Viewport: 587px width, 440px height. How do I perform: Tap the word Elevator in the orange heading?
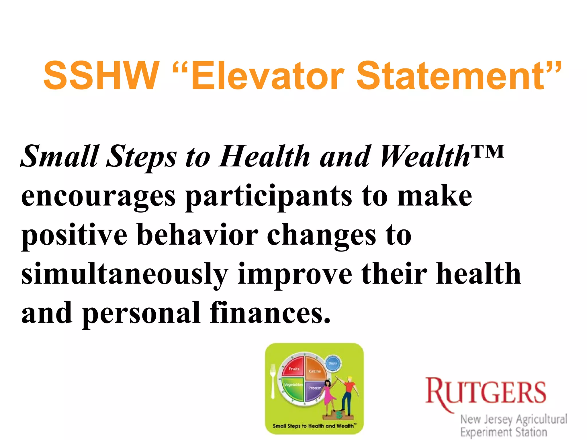[267, 76]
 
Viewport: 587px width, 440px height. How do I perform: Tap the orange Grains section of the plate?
[315, 370]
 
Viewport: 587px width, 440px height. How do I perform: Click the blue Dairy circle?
[333, 363]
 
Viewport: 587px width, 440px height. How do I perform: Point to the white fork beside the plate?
[273, 381]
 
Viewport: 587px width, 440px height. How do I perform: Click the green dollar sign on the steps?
[340, 414]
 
